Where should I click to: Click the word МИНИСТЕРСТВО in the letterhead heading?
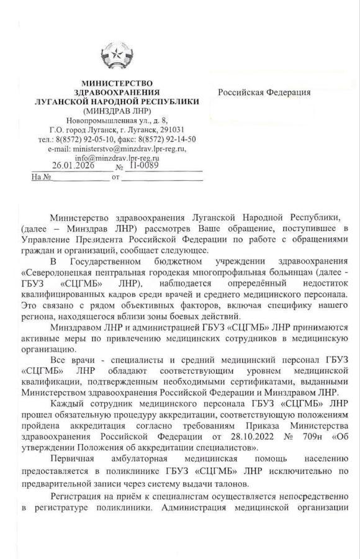[x=117, y=83]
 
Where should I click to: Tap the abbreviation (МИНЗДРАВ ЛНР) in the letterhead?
[x=117, y=110]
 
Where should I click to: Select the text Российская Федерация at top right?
[x=264, y=93]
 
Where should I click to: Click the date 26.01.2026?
[x=73, y=166]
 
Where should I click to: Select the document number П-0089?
[x=143, y=166]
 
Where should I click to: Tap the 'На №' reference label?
[x=40, y=178]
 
